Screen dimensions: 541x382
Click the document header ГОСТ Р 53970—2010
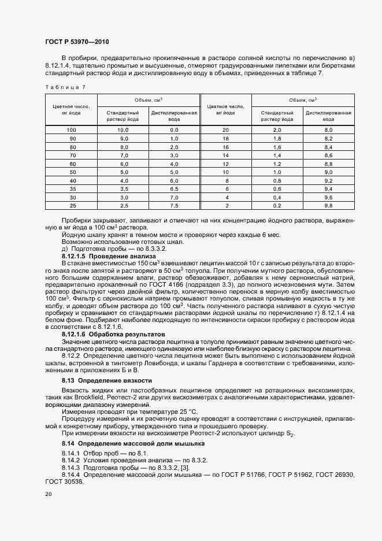pyautogui.click(x=76, y=42)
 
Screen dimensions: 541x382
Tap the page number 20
pyautogui.click(x=48, y=494)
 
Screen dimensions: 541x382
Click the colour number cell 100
pyautogui.click(x=72, y=131)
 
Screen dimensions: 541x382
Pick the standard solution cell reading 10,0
pyautogui.click(x=123, y=131)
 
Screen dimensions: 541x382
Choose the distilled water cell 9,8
pyautogui.click(x=328, y=206)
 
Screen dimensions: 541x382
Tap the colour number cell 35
pyautogui.click(x=72, y=189)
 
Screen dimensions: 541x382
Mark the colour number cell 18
pyautogui.click(x=226, y=139)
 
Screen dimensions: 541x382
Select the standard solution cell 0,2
pyautogui.click(x=277, y=206)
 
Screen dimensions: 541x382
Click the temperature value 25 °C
pyautogui.click(x=158, y=412)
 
